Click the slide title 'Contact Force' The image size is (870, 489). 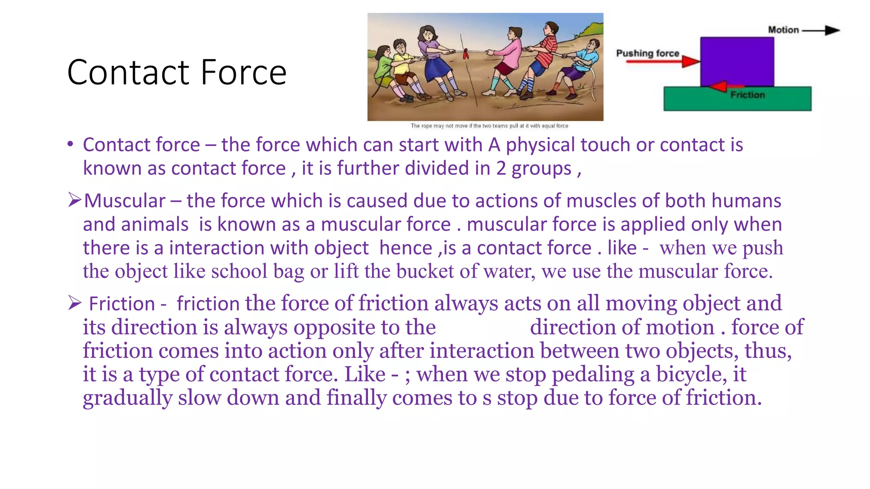pyautogui.click(x=177, y=72)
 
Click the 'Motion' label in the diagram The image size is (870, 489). pyautogui.click(x=783, y=30)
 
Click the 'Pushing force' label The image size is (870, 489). pyautogui.click(x=647, y=53)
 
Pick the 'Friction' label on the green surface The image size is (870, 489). pyautogui.click(x=748, y=95)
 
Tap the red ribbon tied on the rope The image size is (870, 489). pyautogui.click(x=466, y=54)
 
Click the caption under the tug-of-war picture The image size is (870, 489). pyautogui.click(x=489, y=126)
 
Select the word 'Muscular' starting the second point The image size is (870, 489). pyautogui.click(x=125, y=201)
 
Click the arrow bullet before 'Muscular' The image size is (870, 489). pyautogui.click(x=74, y=200)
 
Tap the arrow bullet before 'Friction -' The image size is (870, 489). pyautogui.click(x=74, y=303)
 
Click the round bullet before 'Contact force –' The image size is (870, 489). pyautogui.click(x=71, y=144)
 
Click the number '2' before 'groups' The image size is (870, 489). pyautogui.click(x=501, y=168)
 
